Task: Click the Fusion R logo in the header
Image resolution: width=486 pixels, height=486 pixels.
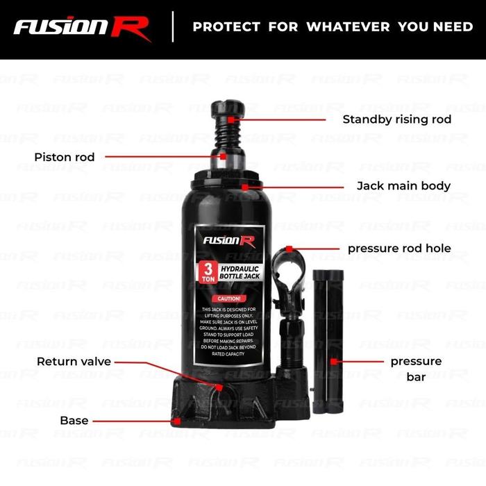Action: coord(82,27)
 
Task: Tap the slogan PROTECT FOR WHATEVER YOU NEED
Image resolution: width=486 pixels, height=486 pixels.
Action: coord(332,27)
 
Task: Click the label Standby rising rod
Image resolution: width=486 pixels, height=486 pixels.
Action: coord(396,119)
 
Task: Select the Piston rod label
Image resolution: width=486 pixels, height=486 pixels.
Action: coord(65,157)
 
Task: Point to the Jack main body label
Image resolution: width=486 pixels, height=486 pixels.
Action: coord(403,186)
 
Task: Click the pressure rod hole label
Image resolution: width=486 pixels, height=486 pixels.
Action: coord(399,248)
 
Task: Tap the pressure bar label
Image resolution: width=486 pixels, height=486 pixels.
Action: coord(415,369)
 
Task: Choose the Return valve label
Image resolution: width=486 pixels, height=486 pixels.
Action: coord(74,362)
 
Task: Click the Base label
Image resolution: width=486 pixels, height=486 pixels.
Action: coord(74,420)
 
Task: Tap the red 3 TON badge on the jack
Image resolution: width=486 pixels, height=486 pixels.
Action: coord(208,271)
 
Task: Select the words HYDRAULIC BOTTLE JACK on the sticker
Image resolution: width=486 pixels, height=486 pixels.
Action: coord(238,271)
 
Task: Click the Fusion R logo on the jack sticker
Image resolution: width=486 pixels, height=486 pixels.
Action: coord(228,240)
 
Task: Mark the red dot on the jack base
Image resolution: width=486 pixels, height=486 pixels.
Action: coord(178,420)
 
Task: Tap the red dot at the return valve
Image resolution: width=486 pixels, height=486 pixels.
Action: coord(219,387)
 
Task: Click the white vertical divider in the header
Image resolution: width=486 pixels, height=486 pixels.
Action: coord(173,27)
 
